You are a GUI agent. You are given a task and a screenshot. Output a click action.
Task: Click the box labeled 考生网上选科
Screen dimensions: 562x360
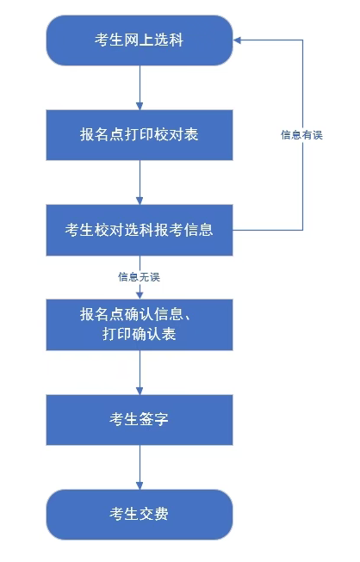(x=139, y=40)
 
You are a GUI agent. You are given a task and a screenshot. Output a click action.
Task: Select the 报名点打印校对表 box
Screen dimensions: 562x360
(x=139, y=134)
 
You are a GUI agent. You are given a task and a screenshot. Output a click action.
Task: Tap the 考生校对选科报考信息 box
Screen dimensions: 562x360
(x=139, y=230)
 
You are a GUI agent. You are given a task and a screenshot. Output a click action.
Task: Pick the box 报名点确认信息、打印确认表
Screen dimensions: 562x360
(x=139, y=324)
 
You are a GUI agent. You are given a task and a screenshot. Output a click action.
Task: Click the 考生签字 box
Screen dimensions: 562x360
(x=139, y=420)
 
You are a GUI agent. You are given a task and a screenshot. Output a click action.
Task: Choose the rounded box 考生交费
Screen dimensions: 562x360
(x=139, y=515)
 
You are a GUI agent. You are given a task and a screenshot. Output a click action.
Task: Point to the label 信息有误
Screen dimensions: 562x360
(x=301, y=135)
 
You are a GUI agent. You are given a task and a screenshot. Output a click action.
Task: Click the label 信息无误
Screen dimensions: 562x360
(x=139, y=277)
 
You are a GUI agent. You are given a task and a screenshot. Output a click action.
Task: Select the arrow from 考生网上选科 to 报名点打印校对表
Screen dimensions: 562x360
(x=139, y=86)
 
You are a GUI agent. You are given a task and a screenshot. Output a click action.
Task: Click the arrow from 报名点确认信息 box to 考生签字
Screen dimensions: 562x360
(x=139, y=372)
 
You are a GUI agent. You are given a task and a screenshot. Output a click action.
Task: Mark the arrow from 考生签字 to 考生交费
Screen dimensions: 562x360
(x=139, y=466)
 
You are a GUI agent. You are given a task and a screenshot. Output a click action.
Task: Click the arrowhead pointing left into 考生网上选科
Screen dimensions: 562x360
(x=239, y=40)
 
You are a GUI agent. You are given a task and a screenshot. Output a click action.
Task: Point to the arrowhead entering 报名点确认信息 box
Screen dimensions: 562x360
(x=139, y=294)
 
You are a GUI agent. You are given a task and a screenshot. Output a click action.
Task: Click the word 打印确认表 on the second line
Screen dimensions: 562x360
(x=139, y=334)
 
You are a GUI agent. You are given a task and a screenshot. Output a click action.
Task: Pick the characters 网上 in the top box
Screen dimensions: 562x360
(x=139, y=40)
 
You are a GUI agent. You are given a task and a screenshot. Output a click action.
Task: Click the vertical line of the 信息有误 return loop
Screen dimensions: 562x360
(x=302, y=181)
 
